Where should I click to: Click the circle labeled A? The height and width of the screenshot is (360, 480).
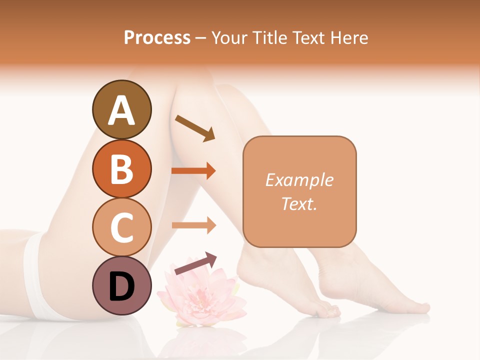pyautogui.click(x=121, y=109)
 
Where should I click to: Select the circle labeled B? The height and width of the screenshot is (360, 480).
pyautogui.click(x=121, y=168)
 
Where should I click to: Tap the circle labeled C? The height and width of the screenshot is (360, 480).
pyautogui.click(x=121, y=227)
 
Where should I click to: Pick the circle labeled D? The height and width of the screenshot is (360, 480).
pyautogui.click(x=121, y=285)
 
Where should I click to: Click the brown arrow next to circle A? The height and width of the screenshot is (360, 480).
pyautogui.click(x=194, y=128)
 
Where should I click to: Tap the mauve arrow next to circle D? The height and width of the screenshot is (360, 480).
pyautogui.click(x=195, y=263)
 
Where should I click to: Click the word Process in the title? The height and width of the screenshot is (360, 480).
pyautogui.click(x=157, y=38)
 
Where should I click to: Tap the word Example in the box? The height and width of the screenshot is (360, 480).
pyautogui.click(x=299, y=180)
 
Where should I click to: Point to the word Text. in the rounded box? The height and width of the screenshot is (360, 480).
pyautogui.click(x=299, y=203)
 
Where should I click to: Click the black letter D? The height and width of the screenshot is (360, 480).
pyautogui.click(x=121, y=286)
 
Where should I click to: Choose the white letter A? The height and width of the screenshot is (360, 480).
pyautogui.click(x=121, y=110)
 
